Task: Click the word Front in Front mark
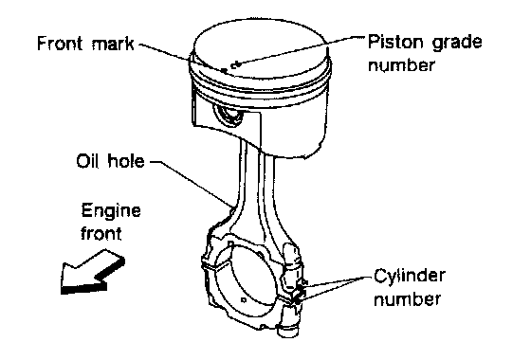coord(60,44)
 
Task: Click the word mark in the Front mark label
coord(113,44)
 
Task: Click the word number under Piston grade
coord(400,64)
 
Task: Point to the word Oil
coord(87,161)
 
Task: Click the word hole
coord(126,161)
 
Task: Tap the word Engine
coord(111,211)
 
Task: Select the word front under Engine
coord(101,233)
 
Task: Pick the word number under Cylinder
coord(407,298)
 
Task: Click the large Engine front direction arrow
coord(92,272)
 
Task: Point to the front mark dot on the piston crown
coord(224,70)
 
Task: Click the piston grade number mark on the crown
coord(235,64)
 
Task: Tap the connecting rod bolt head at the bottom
coord(287,330)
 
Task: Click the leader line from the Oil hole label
coord(191,184)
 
